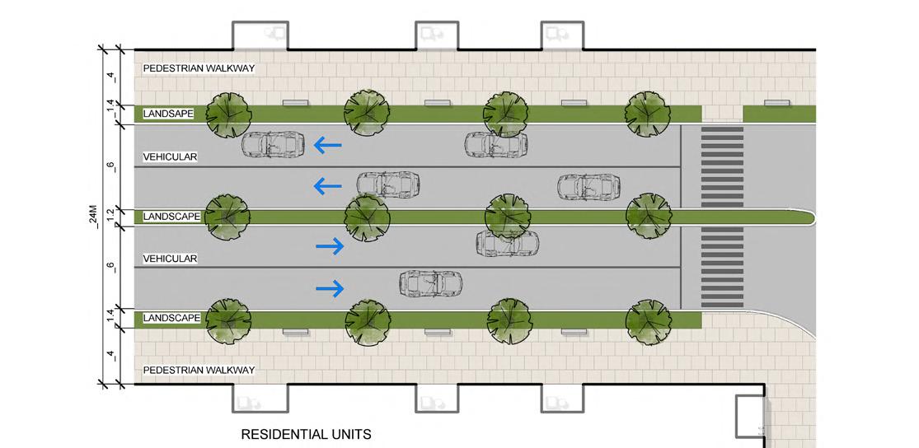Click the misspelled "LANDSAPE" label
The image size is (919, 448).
(168, 114)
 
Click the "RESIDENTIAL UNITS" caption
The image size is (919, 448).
(306, 434)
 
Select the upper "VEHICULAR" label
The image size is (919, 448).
(171, 156)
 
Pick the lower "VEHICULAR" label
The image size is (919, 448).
(171, 259)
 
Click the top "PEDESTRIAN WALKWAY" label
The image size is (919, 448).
(199, 68)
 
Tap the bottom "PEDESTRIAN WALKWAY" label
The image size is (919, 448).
(199, 370)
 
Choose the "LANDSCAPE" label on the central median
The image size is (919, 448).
(171, 217)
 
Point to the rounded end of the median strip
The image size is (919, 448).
(809, 217)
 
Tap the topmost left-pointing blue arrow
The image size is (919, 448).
(327, 146)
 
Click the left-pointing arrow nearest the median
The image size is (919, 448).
(327, 187)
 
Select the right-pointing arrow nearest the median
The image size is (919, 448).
(330, 245)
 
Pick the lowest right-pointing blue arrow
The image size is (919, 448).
(330, 287)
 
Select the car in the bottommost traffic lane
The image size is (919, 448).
(430, 283)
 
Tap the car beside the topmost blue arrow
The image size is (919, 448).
(272, 144)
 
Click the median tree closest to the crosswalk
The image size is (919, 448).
(648, 216)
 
